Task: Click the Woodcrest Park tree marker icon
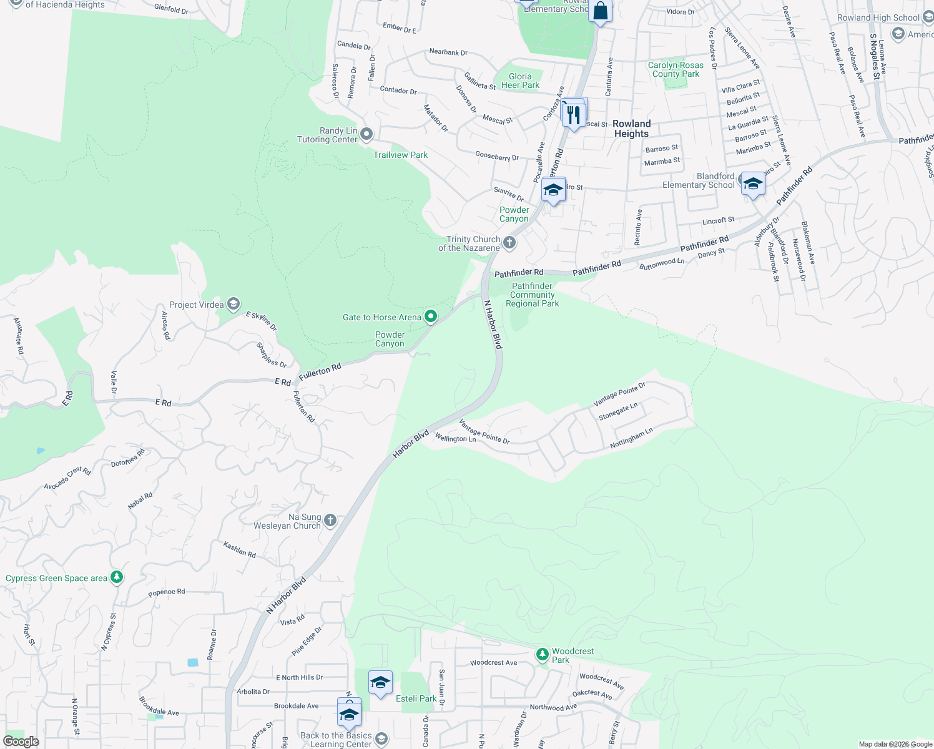(x=543, y=654)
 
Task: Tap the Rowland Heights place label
(x=631, y=129)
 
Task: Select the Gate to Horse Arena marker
(x=430, y=316)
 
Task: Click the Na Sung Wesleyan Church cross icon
(x=330, y=520)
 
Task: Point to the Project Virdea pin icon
(x=234, y=304)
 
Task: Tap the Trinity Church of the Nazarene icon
(x=509, y=242)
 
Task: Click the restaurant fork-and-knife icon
(x=573, y=115)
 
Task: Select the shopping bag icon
(x=600, y=11)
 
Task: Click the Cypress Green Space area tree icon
(x=116, y=577)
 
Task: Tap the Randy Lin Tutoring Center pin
(x=366, y=134)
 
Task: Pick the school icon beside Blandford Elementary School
(x=753, y=184)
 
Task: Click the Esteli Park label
(x=416, y=698)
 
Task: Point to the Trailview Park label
(x=400, y=155)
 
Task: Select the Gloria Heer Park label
(x=520, y=81)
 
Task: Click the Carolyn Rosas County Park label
(x=676, y=69)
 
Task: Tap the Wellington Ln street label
(x=455, y=438)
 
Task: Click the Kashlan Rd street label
(x=240, y=550)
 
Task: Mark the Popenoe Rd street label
(x=167, y=592)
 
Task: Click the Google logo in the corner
(x=21, y=742)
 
